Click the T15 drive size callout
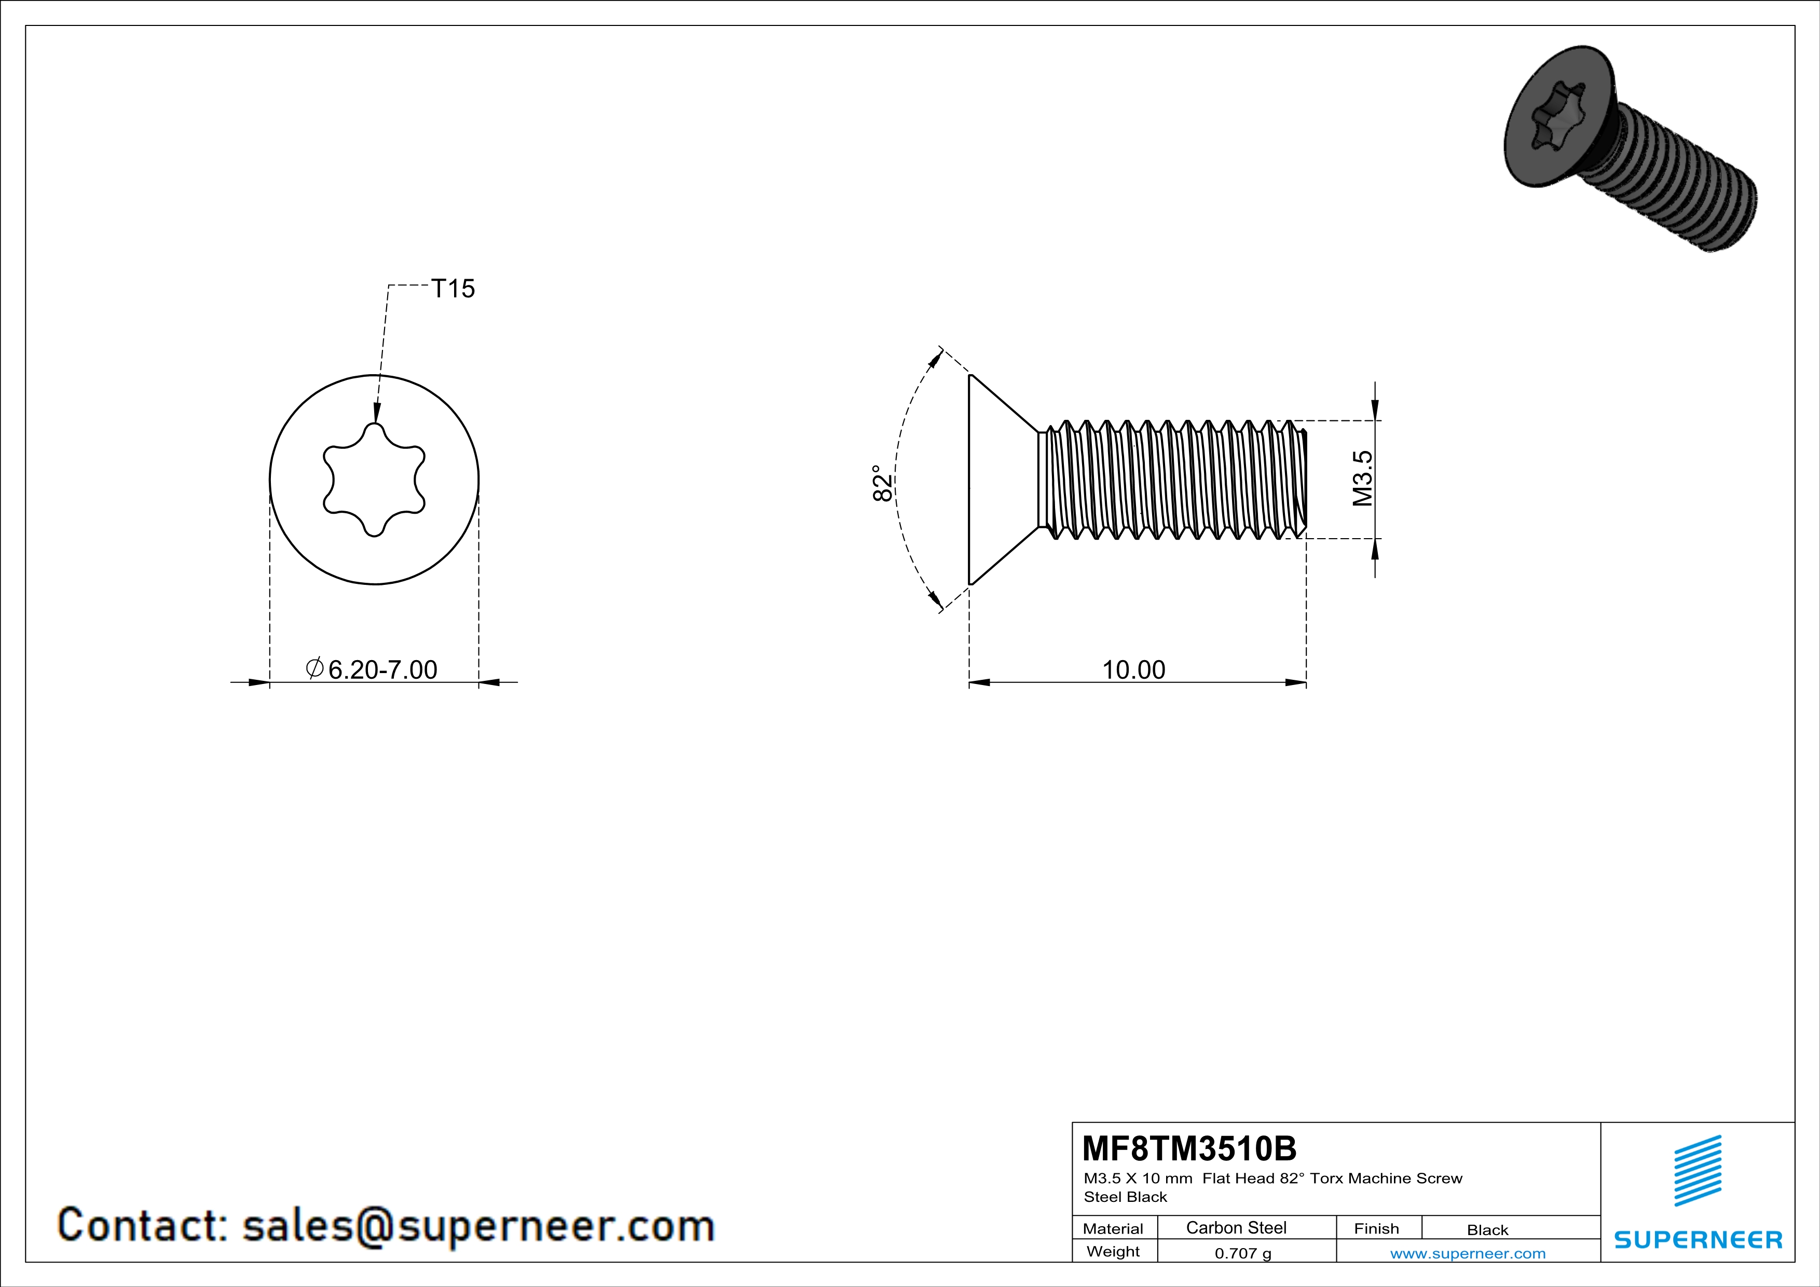453,289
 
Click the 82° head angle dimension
882,483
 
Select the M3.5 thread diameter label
1362,478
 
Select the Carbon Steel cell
1236,1227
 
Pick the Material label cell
1113,1228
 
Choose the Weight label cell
1113,1251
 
